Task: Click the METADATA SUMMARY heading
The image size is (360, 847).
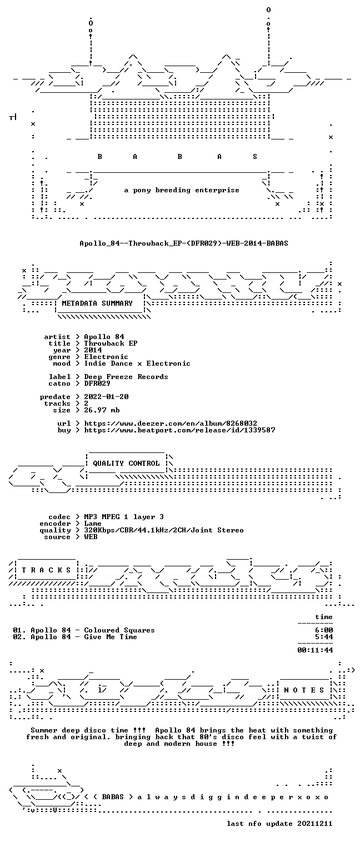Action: tap(97, 303)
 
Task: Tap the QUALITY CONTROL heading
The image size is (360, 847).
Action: tap(126, 463)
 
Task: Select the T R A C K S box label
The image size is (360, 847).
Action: tap(47, 570)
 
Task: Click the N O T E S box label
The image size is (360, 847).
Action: tap(304, 690)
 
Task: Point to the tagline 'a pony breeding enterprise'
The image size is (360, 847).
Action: tap(182, 190)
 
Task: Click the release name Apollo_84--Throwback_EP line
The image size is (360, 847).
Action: tap(184, 243)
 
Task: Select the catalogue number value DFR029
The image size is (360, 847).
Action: tap(97, 383)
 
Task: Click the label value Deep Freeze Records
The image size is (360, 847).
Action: tap(126, 377)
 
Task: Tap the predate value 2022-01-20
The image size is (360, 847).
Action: tap(106, 397)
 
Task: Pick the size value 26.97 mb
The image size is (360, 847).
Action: tap(102, 410)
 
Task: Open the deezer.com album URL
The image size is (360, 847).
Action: tap(171, 423)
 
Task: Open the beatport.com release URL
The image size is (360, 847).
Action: tap(179, 430)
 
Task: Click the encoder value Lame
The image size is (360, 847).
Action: tap(93, 524)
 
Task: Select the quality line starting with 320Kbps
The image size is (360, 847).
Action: tap(164, 530)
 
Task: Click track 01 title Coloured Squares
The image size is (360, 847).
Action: tap(119, 630)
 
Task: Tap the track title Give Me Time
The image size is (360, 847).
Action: tap(111, 637)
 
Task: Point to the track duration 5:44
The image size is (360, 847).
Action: tap(324, 637)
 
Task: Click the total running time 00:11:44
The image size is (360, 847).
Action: tap(315, 650)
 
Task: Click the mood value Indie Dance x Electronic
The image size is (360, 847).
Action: tap(137, 363)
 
